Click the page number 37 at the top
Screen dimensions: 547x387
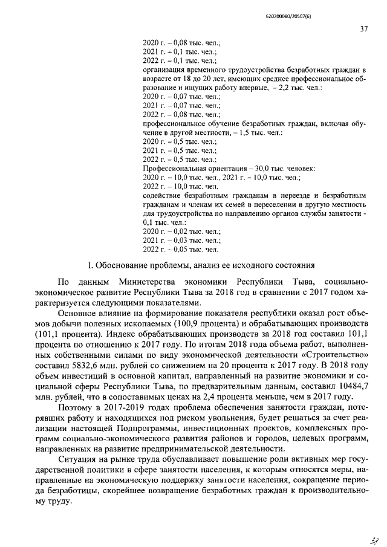[363, 28]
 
